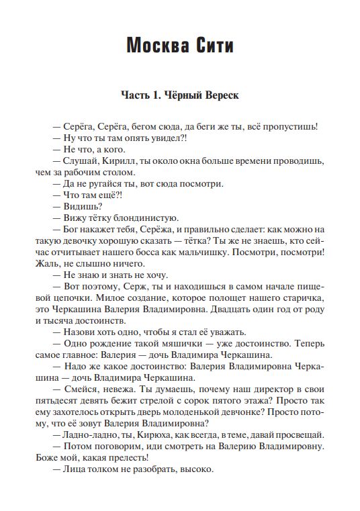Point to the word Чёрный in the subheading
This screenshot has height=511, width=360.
click(x=180, y=95)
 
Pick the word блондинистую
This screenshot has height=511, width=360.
click(x=146, y=218)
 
